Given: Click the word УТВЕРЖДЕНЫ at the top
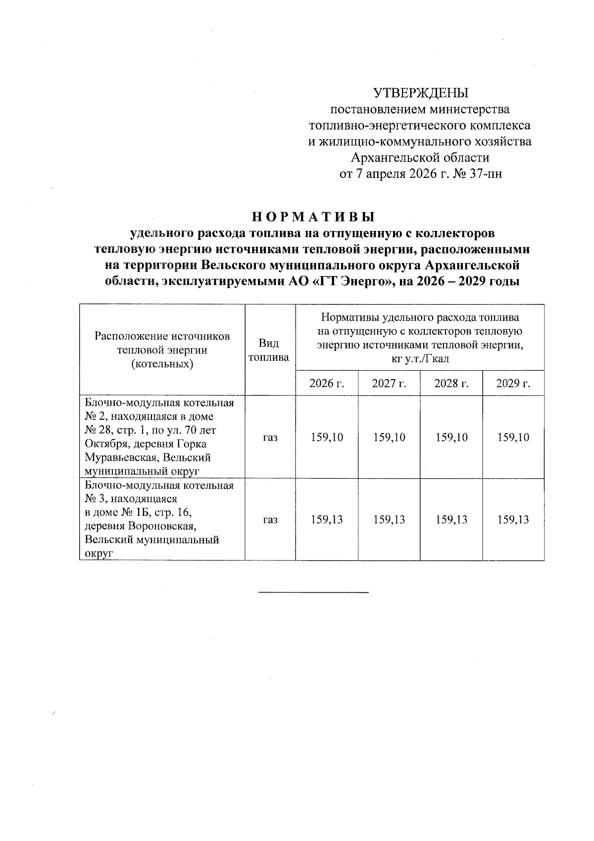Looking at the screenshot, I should (420, 93).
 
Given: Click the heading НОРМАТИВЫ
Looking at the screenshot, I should (314, 217).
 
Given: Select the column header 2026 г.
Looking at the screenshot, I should (327, 383).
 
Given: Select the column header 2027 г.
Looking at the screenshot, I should (389, 383).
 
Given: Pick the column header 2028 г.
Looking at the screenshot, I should (451, 383).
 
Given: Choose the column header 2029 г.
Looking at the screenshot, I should (513, 383).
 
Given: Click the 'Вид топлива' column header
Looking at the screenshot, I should (270, 350).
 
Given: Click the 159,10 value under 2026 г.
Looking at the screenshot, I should (327, 437).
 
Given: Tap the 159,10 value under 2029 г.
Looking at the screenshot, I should (513, 437).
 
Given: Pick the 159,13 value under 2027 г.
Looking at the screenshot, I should (389, 519).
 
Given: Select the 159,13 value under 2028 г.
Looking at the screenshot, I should (451, 519).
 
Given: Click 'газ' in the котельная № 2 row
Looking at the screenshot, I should (270, 438).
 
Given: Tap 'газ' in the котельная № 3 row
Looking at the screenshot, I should (270, 520).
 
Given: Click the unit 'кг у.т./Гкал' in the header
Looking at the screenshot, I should (420, 358).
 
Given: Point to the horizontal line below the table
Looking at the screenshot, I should (314, 592).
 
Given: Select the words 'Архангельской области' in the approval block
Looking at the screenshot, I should (420, 158).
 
